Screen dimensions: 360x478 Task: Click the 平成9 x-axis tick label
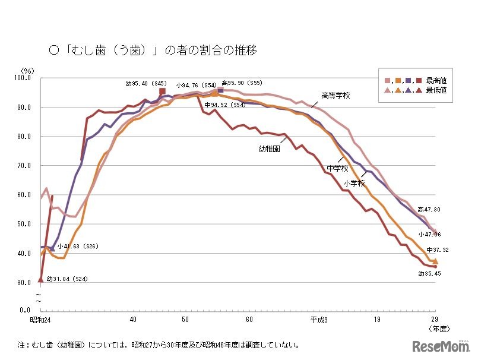coord(318,320)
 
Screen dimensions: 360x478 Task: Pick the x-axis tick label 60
coord(249,320)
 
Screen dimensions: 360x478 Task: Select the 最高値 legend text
coord(436,80)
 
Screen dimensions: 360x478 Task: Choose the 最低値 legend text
coord(436,90)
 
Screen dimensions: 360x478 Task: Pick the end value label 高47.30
coord(429,209)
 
